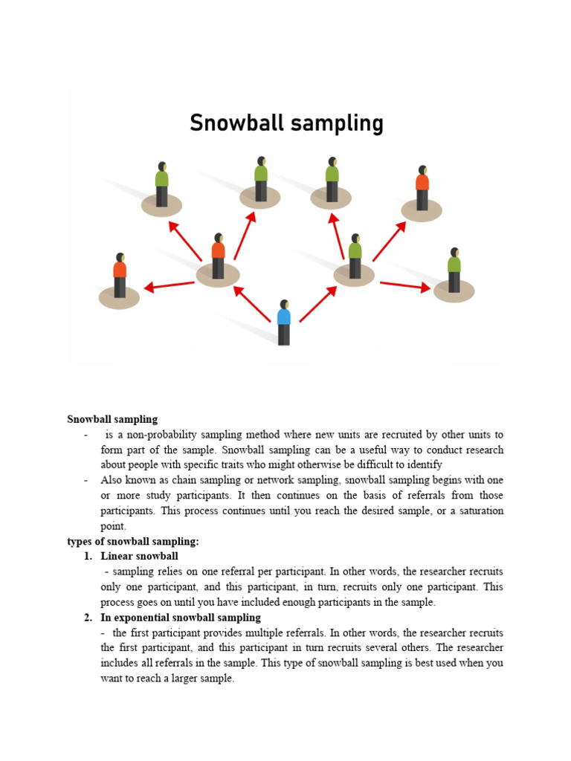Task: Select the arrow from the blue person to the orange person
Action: point(251,304)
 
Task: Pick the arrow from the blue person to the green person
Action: point(318,304)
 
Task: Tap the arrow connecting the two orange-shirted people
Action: point(170,285)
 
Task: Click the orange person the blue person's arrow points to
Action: point(218,256)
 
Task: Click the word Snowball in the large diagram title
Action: point(236,123)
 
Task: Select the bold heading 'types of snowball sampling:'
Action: point(133,542)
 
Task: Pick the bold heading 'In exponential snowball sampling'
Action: point(181,618)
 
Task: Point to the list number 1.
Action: point(87,557)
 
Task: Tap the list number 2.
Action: point(87,618)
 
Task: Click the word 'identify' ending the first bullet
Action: point(425,465)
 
